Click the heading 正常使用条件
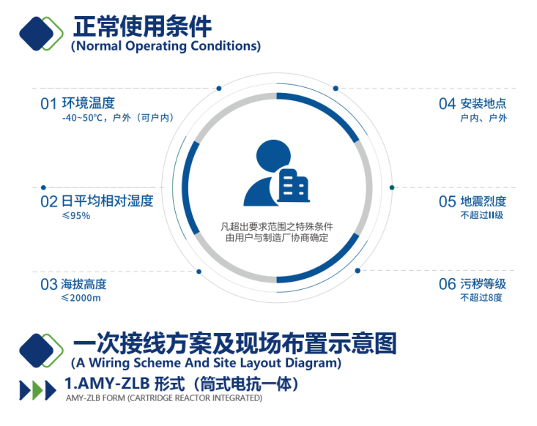coord(142,26)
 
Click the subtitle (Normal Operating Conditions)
coord(166,46)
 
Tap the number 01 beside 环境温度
coord(48,104)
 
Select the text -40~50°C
coord(82,118)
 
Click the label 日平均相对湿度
coord(107,201)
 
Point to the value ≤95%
coord(76,216)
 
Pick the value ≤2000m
coord(81,298)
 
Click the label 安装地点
coord(484,103)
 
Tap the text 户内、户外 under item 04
coord(484,118)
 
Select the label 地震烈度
coord(484,201)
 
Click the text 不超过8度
coord(481,297)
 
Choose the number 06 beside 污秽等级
coord(448,284)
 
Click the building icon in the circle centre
coord(293,185)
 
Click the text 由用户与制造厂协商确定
coord(277,237)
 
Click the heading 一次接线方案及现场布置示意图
coord(234,343)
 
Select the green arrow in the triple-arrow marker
coord(37,390)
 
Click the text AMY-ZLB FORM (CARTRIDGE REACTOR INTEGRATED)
coord(164,398)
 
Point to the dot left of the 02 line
coord(43,187)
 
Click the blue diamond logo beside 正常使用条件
coord(37,34)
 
